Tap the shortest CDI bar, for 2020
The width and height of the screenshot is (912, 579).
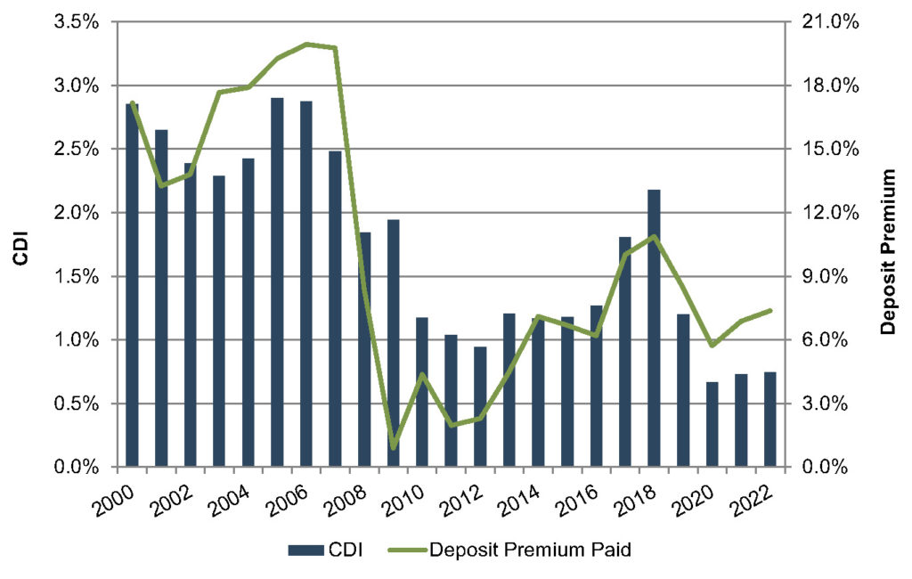point(712,424)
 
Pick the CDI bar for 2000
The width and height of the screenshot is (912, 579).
point(132,285)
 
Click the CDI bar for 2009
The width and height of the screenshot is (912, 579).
point(393,343)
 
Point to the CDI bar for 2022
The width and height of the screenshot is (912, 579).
point(769,420)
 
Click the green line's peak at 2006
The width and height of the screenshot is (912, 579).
point(306,44)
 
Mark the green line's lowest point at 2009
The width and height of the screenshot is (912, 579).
point(393,446)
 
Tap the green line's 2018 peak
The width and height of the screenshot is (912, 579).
point(654,236)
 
